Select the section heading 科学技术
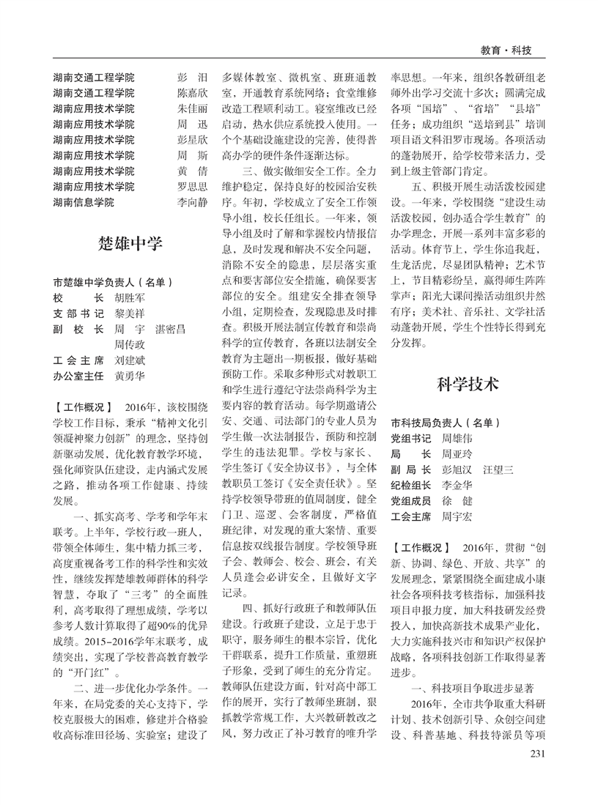[x=468, y=384]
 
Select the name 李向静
[x=193, y=202]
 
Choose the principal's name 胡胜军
[x=130, y=298]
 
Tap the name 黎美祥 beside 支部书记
[x=130, y=314]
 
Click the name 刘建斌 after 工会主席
[x=130, y=360]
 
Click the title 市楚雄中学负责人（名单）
[x=113, y=282]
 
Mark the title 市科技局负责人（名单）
[x=445, y=423]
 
